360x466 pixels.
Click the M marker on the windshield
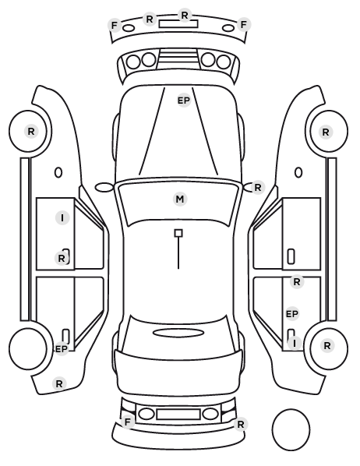tap(180, 199)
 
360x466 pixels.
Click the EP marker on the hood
tap(184, 101)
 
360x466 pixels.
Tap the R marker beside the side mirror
tap(258, 188)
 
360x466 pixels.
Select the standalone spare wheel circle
tap(291, 429)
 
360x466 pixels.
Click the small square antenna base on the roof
tap(178, 233)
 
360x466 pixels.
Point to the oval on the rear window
tap(178, 333)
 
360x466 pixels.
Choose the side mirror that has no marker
tap(104, 187)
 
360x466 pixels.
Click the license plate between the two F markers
tap(178, 23)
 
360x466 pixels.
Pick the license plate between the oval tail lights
tap(178, 415)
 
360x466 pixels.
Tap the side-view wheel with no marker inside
tap(28, 348)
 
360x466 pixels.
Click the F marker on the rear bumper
tap(128, 422)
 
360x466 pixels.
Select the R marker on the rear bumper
tap(241, 425)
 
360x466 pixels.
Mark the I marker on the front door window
tap(62, 218)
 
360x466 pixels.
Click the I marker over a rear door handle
tap(295, 343)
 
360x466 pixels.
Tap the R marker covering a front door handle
tap(62, 258)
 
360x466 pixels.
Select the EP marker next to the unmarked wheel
tap(62, 349)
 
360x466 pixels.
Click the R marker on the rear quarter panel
tap(59, 383)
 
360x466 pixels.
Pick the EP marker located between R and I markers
tap(292, 314)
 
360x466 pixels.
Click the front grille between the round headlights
tap(178, 59)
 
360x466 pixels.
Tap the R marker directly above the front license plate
tap(185, 15)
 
